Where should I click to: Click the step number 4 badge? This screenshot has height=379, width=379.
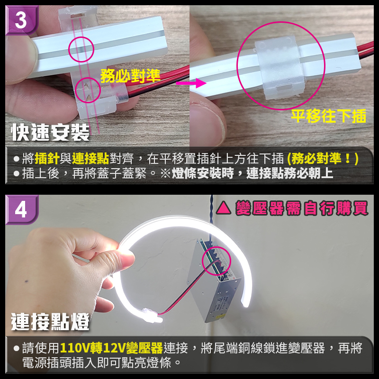pyautogui.click(x=21, y=209)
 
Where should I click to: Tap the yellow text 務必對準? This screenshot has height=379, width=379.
pyautogui.click(x=130, y=75)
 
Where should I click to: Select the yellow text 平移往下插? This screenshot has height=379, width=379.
pyautogui.click(x=328, y=116)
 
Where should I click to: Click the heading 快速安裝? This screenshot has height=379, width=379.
pyautogui.click(x=50, y=133)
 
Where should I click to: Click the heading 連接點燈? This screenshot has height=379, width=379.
pyautogui.click(x=50, y=322)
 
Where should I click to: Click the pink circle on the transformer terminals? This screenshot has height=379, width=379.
pyautogui.click(x=216, y=261)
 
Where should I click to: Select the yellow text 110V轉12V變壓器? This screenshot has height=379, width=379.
pyautogui.click(x=111, y=349)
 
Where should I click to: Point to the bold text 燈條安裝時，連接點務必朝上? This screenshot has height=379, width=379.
pyautogui.click(x=252, y=173)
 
